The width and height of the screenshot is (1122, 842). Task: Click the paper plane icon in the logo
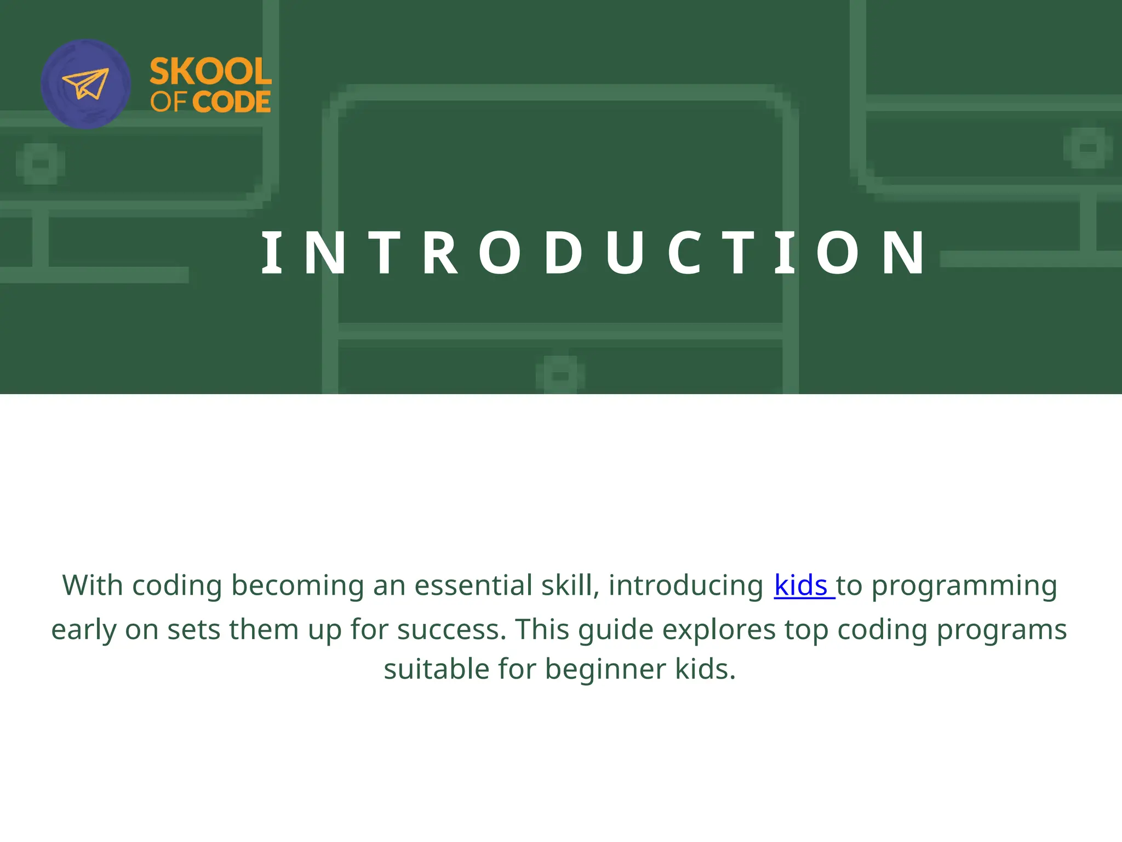(85, 84)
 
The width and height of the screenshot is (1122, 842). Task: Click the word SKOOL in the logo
(210, 72)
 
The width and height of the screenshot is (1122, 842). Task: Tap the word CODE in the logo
(231, 102)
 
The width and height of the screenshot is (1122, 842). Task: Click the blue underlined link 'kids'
(801, 585)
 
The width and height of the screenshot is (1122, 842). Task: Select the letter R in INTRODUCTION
(440, 253)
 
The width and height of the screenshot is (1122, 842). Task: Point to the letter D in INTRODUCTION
(563, 253)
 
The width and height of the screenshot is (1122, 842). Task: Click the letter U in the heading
(625, 253)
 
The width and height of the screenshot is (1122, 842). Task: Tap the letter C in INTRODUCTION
(685, 253)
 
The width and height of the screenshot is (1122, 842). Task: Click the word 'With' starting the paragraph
(93, 585)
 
